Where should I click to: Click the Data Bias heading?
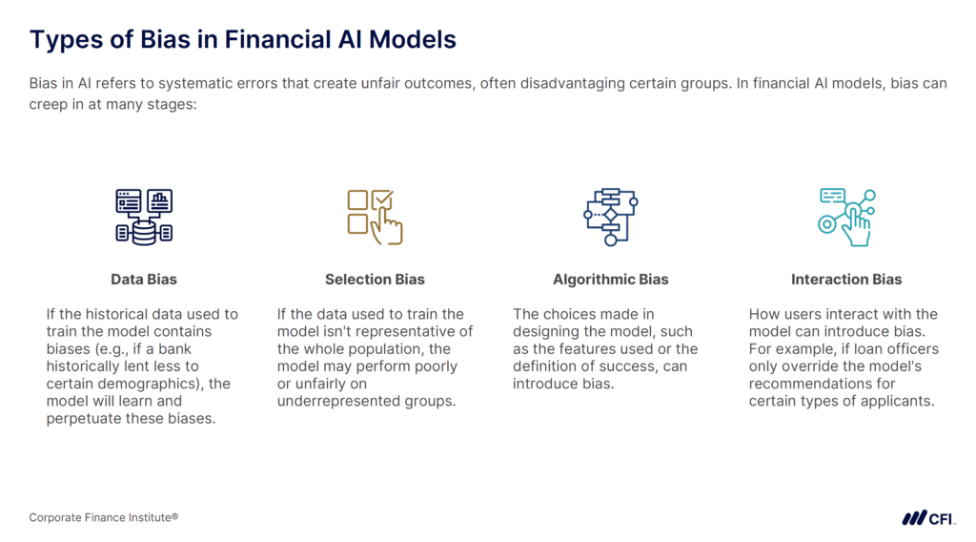(x=143, y=280)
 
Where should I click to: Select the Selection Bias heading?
(x=375, y=280)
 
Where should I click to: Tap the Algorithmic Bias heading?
(x=610, y=280)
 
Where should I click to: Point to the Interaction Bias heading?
(x=846, y=280)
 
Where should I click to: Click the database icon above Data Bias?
(x=144, y=216)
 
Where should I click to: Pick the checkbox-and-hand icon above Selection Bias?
(x=375, y=217)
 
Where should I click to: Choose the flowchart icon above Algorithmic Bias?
(x=610, y=217)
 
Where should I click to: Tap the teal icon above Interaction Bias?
(x=846, y=217)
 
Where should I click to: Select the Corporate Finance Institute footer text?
(x=104, y=517)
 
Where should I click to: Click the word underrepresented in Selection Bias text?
(x=339, y=400)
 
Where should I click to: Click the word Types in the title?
(x=63, y=40)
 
